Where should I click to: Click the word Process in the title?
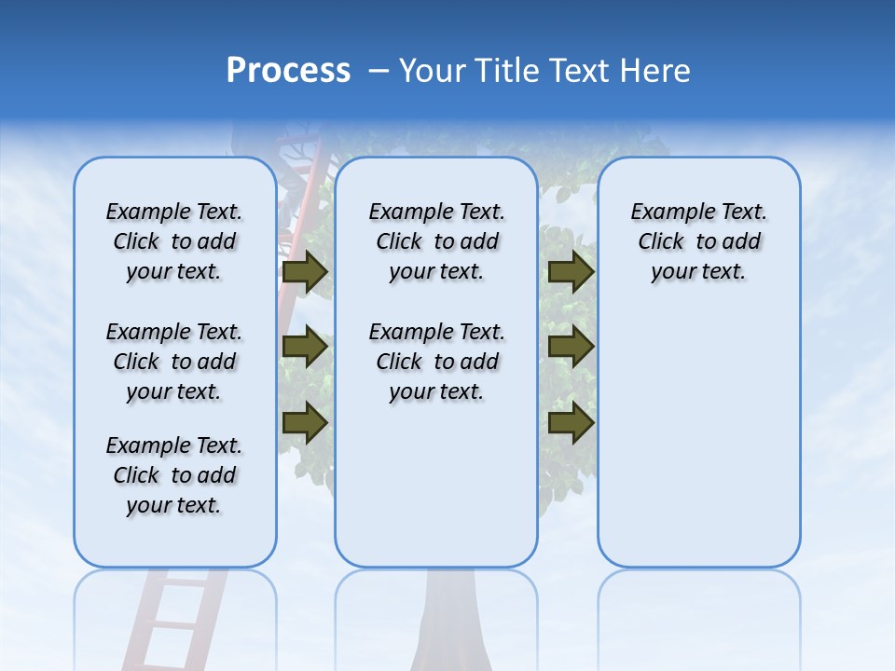tap(288, 71)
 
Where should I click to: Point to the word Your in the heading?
tap(434, 71)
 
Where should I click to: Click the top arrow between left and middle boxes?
tap(304, 272)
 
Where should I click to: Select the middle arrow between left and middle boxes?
tap(304, 347)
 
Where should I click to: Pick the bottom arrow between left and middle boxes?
tap(304, 422)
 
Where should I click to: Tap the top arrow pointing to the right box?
tap(571, 272)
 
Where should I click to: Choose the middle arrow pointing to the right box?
tap(571, 347)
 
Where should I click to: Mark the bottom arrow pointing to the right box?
tap(571, 422)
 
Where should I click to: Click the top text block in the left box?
tap(174, 241)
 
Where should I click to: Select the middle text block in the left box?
tap(174, 362)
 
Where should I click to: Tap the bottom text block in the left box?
tap(174, 475)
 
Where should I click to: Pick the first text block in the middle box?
tap(436, 241)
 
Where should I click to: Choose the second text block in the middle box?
tap(436, 362)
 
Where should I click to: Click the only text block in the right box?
tap(698, 241)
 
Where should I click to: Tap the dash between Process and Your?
tap(379, 72)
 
